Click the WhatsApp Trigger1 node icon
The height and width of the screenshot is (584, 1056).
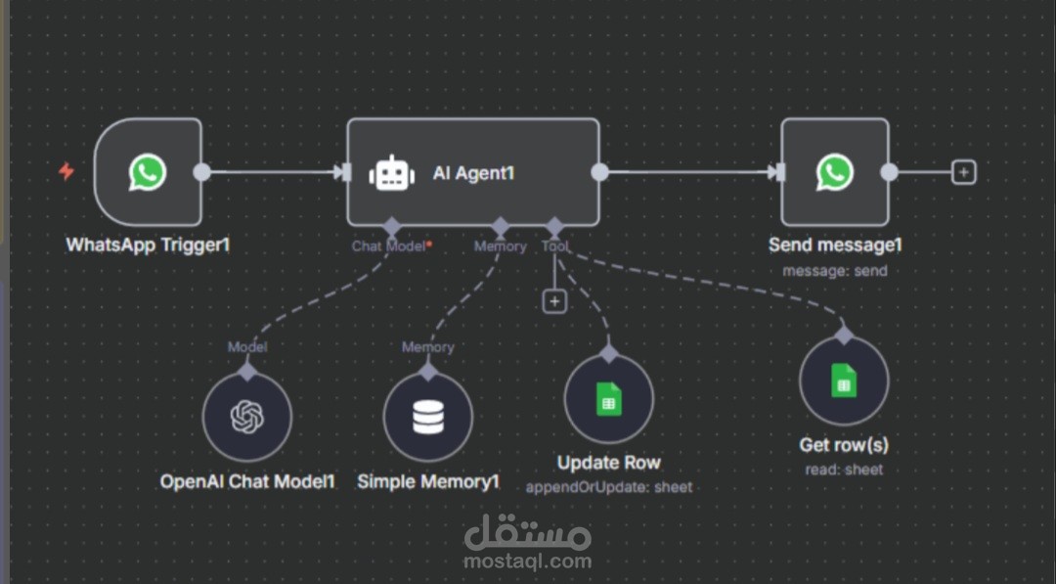click(148, 173)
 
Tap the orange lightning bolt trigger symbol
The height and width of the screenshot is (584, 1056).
click(66, 172)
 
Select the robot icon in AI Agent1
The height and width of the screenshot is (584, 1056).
click(391, 173)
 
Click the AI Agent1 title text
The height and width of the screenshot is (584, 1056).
click(473, 173)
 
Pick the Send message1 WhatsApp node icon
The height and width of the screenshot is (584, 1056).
click(834, 173)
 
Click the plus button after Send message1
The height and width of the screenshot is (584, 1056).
click(964, 173)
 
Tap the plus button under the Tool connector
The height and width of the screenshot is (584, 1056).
click(554, 301)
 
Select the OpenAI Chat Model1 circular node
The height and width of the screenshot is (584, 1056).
click(246, 417)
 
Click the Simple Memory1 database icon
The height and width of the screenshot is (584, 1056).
click(427, 417)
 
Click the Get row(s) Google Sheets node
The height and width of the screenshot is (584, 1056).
click(843, 382)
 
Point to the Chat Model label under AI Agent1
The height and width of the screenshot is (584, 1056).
click(389, 247)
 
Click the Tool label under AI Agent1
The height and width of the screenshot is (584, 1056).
click(554, 247)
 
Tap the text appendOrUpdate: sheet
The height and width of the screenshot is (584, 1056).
click(608, 486)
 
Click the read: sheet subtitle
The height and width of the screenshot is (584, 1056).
click(843, 470)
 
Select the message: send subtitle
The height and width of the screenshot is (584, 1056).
click(834, 270)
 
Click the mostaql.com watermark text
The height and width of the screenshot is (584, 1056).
click(528, 562)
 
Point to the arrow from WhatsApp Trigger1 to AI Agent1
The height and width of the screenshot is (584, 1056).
click(274, 173)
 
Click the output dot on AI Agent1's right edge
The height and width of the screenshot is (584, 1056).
click(599, 173)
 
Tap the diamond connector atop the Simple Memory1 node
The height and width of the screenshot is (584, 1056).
click(427, 372)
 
